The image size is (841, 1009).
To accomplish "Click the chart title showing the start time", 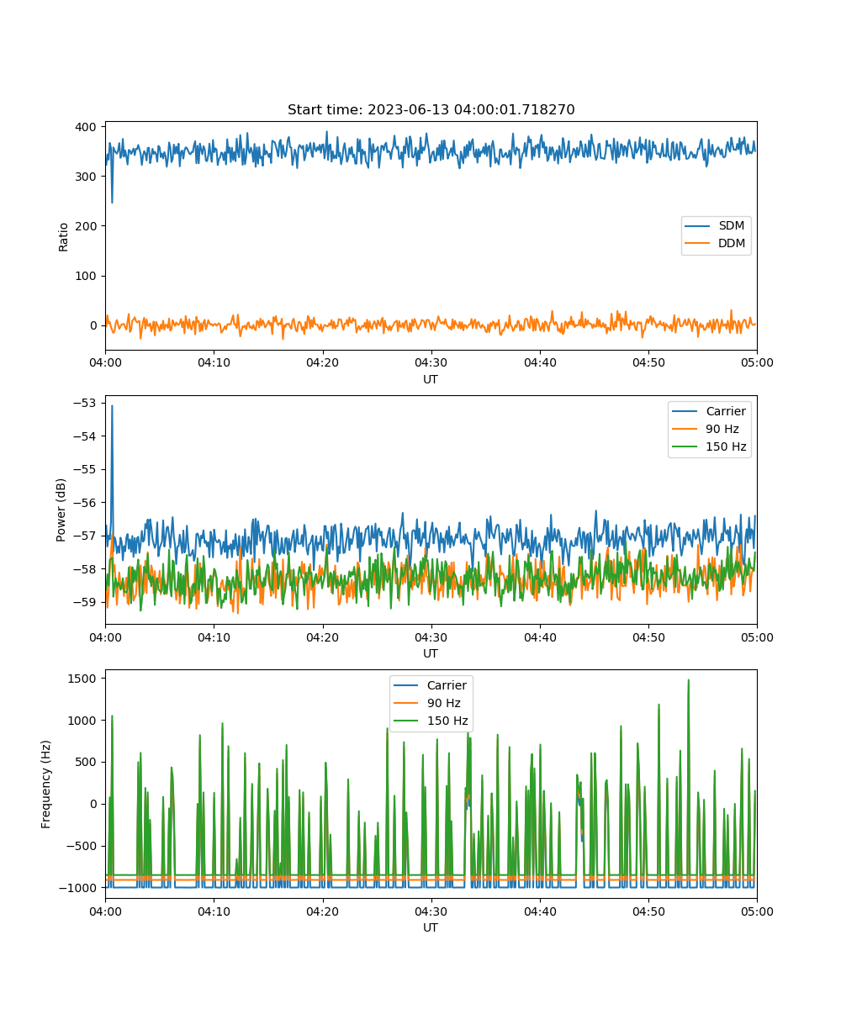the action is coord(431,109).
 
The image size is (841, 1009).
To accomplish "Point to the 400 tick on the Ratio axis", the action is coord(86,127).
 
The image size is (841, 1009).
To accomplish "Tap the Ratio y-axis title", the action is coord(63,237).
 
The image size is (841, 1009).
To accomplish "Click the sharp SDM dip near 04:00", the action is coord(112,202).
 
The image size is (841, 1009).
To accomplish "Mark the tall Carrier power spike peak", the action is coord(112,406).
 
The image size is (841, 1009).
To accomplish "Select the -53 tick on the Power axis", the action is coord(85,403).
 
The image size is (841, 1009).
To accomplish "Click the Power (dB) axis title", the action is coord(61,510).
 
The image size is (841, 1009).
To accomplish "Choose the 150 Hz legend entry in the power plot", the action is coord(709,446).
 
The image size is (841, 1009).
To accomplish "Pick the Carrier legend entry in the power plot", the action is coord(709,411).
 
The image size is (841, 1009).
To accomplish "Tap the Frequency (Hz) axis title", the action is coord(46,784).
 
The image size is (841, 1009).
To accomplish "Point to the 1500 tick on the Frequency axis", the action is coord(82,679).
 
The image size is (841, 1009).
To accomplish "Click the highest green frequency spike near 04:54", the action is coord(688,680).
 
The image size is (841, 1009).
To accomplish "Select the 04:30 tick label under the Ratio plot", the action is coord(431,362).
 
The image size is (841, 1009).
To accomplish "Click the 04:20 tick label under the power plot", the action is coord(322,637).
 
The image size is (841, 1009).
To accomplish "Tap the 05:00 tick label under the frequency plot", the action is coord(757,911).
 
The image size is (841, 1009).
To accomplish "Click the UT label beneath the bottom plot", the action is coord(431,927).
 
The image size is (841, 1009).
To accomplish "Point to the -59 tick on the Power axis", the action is coord(85,602).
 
